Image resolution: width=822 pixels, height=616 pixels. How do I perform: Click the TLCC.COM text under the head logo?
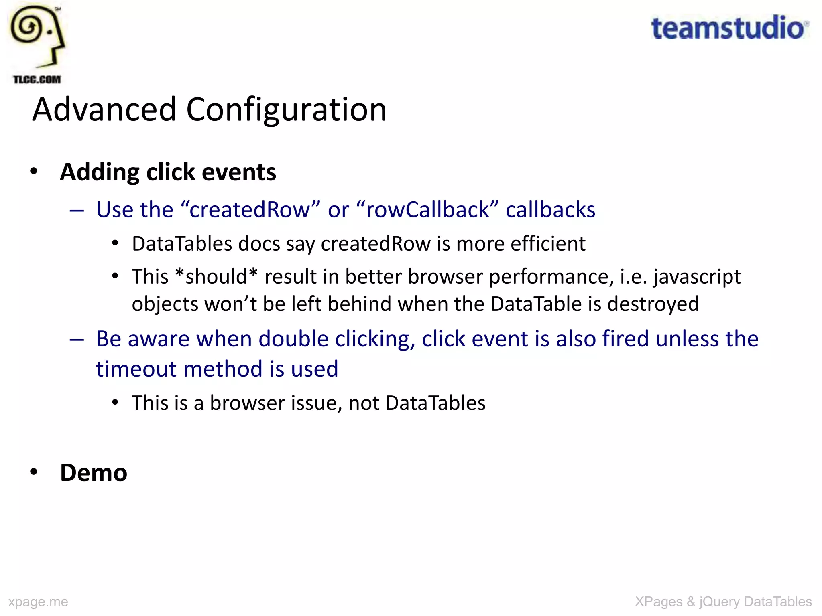[37, 79]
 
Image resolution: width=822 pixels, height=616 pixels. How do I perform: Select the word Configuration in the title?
[286, 109]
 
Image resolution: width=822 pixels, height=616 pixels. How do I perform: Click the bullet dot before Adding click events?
[34, 172]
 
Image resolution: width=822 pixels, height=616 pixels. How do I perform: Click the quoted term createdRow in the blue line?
[250, 210]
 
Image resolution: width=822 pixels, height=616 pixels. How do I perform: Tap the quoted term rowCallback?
[427, 210]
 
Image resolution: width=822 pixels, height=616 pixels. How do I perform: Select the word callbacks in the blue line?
[550, 210]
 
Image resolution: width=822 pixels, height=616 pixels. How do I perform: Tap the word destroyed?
[653, 304]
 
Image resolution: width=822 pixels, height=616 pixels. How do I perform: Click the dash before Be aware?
[77, 340]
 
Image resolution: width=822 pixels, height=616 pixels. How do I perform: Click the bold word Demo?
[94, 473]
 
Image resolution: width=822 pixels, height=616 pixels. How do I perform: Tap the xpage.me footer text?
[38, 602]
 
